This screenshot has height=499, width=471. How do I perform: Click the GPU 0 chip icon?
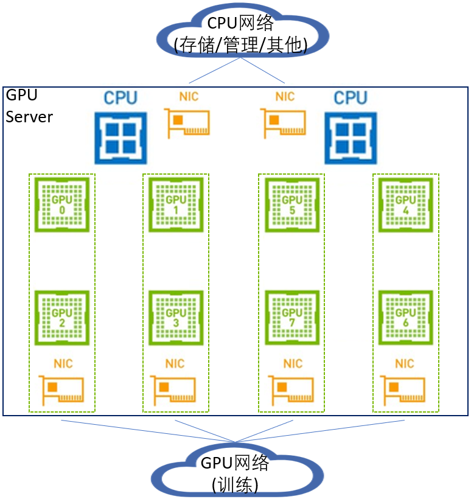pos(62,204)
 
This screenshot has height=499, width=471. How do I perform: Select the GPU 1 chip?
pos(176,204)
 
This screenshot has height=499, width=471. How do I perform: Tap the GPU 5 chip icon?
pos(292,204)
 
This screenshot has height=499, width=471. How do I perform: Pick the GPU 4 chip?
pos(405,204)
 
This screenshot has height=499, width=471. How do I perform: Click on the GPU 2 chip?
pos(62,318)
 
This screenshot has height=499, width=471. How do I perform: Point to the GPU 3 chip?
pos(176,318)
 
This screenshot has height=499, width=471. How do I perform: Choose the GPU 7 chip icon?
pos(292,318)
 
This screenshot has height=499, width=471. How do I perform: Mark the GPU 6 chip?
pos(405,318)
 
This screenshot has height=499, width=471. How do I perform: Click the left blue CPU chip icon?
pos(120,138)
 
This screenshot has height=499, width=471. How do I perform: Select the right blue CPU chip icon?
pos(351,138)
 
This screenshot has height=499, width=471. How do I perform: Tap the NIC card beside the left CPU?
pos(187,124)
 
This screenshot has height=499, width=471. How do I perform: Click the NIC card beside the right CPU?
pos(283,124)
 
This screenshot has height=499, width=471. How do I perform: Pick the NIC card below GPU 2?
pos(61,390)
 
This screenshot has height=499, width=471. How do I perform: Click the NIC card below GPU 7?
pos(291,390)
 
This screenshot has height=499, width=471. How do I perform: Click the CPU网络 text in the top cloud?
pos(239,23)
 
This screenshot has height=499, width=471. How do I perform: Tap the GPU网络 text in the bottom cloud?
pos(235,463)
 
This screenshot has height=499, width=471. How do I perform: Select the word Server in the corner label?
pos(29,116)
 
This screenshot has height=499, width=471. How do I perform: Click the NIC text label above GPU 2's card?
pos(63,363)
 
